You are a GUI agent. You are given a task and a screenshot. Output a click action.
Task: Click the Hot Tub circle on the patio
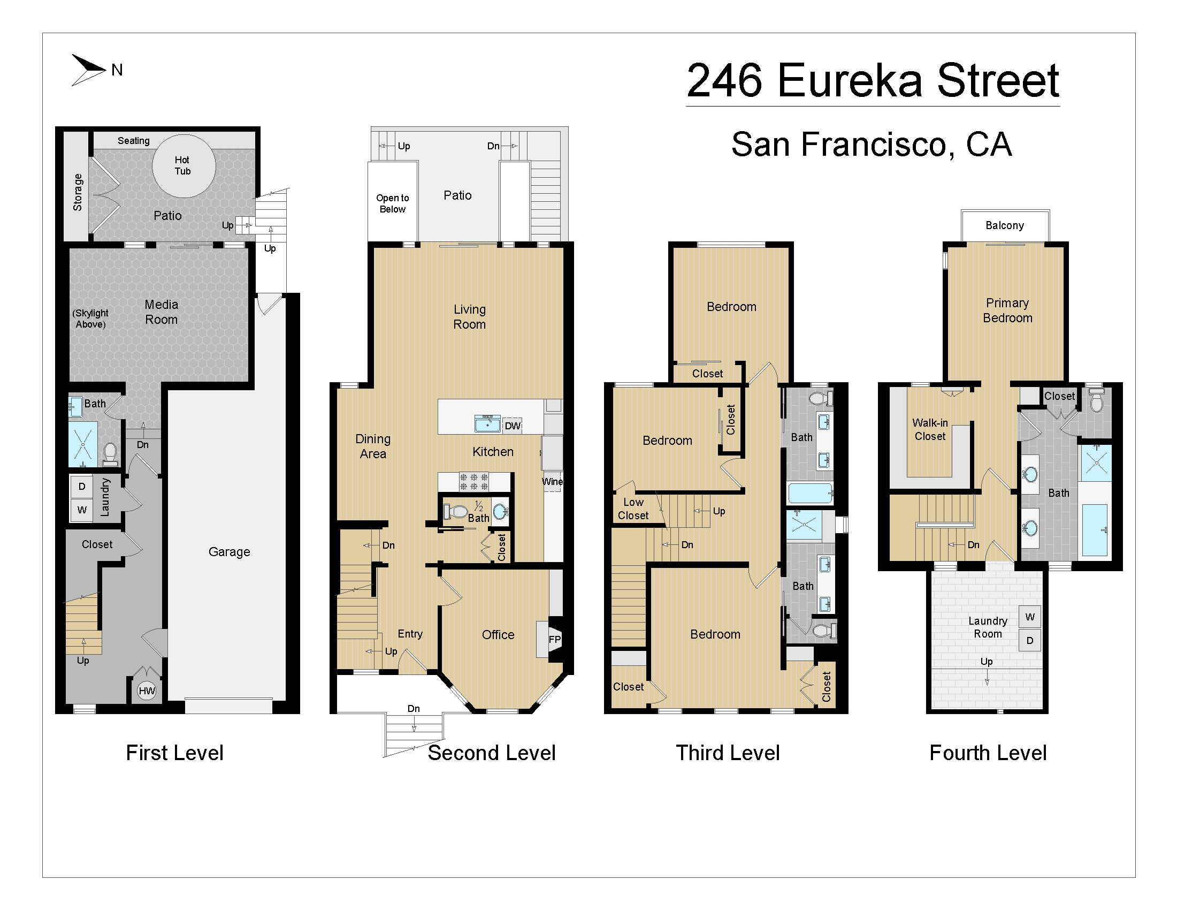point(184,165)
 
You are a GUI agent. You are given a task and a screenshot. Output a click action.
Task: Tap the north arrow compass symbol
point(89,70)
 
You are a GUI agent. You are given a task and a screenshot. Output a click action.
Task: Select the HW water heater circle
point(147,691)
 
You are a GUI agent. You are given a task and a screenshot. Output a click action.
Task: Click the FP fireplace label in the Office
point(555,639)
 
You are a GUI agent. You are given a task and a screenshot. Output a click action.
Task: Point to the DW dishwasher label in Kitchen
point(512,426)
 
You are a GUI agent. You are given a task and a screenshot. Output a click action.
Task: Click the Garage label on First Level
point(229,551)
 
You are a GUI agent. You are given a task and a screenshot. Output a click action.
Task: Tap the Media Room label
point(161,312)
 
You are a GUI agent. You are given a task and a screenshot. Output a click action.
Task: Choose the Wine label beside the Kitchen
point(552,481)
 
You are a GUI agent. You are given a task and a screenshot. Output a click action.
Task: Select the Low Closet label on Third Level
point(633,509)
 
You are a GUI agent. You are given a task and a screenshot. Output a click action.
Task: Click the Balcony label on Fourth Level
point(1005,225)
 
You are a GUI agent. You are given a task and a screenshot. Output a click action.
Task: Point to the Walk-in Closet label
point(930,429)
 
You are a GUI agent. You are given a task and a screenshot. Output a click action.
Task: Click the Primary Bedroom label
point(1007,310)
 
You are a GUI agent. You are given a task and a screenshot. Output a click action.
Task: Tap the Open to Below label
point(392,203)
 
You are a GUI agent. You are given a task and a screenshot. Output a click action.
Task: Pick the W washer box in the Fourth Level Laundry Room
point(1029,617)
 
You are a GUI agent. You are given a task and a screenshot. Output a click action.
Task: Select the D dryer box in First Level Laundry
point(82,486)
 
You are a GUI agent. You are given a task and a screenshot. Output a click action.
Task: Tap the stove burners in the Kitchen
point(473,481)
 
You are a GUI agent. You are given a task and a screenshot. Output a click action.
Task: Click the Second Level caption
point(491,753)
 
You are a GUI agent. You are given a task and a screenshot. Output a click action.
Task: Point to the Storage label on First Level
point(78,192)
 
